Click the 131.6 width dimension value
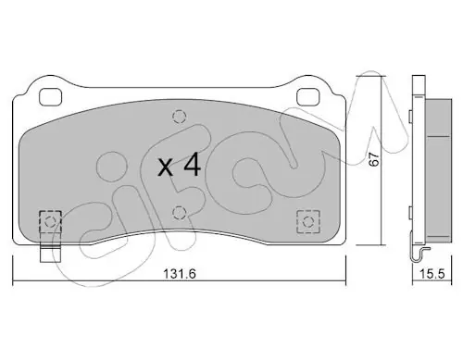(180, 274)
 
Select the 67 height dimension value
(374, 159)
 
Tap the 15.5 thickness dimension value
(432, 274)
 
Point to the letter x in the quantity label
(166, 168)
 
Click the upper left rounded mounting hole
(51, 96)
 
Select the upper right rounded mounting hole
(307, 96)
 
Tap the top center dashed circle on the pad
(180, 117)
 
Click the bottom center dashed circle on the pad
(180, 213)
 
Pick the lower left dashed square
(51, 222)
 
